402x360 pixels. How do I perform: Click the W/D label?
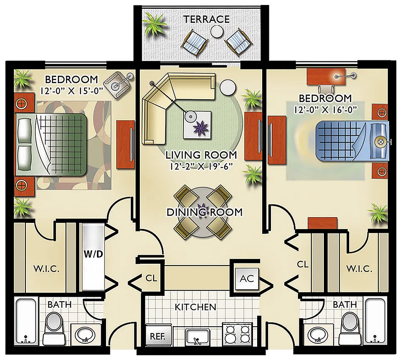tap(93, 254)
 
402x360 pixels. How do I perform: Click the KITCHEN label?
tap(195, 307)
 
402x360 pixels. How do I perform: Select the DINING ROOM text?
tap(204, 212)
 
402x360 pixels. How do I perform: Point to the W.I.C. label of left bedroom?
tap(46, 269)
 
